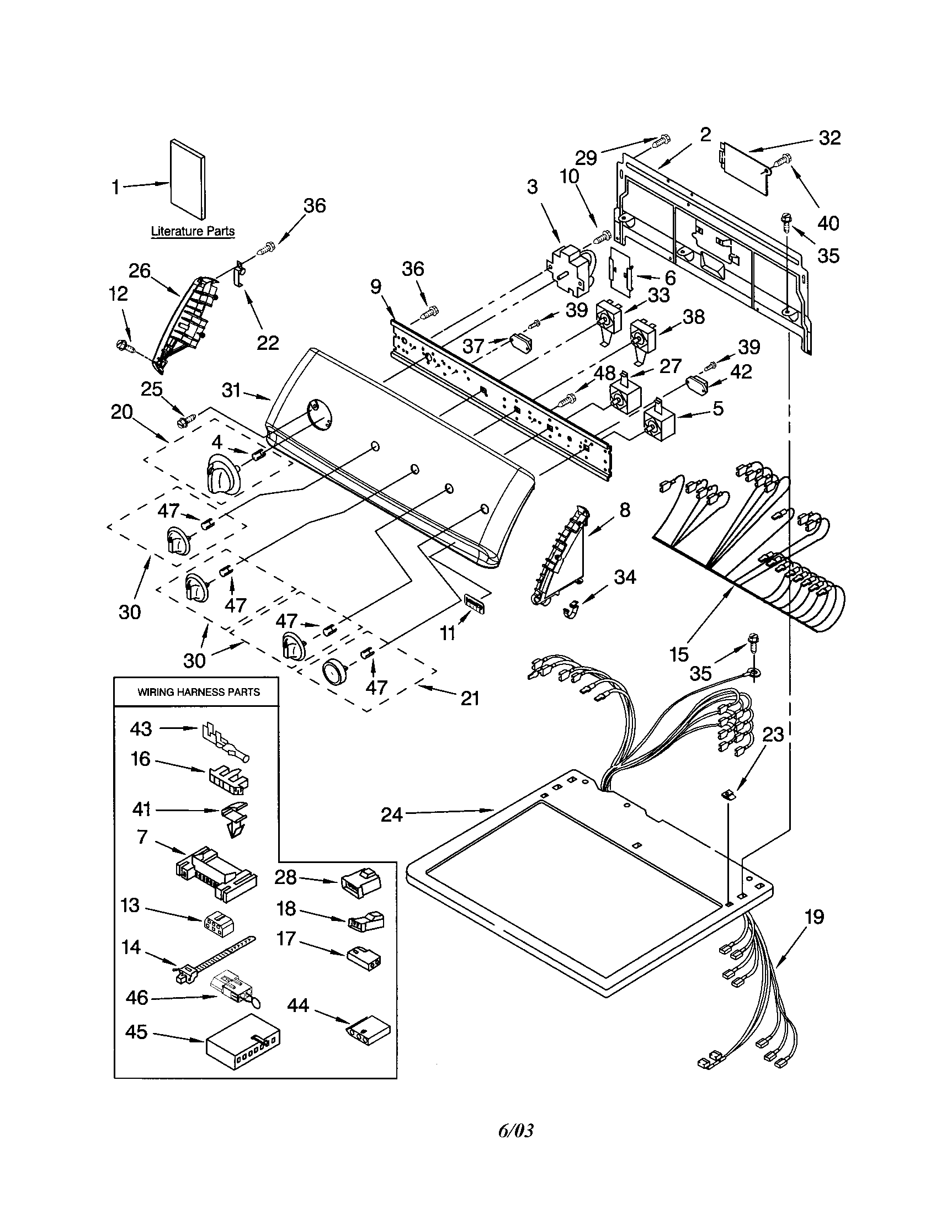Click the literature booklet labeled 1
(x=188, y=179)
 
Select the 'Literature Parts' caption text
(x=192, y=231)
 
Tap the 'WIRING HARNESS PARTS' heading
(x=199, y=692)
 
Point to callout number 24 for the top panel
(x=391, y=815)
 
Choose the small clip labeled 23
(x=728, y=796)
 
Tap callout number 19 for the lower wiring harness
(x=813, y=917)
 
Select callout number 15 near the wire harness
(x=679, y=654)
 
